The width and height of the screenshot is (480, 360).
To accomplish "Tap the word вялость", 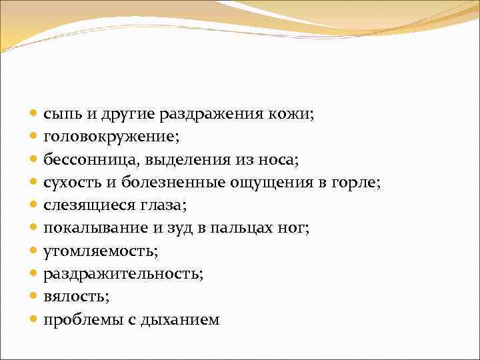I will point(71,297).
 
